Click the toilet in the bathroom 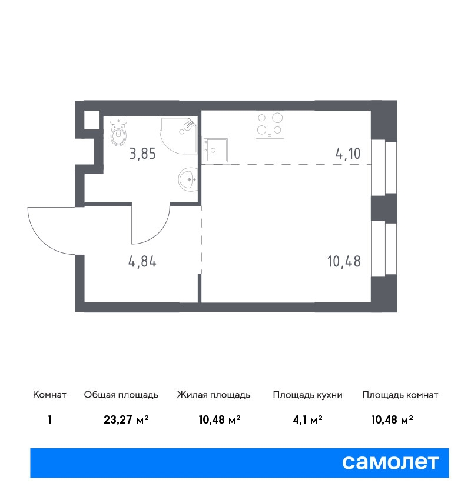click(x=118, y=131)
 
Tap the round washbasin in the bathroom click(x=188, y=179)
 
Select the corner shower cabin click(x=178, y=135)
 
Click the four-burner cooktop click(x=270, y=124)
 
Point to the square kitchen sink click(x=215, y=150)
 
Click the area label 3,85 click(x=142, y=154)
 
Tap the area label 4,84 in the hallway click(x=142, y=262)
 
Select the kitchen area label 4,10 click(x=348, y=154)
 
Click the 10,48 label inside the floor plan click(x=344, y=262)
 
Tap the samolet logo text click(x=390, y=462)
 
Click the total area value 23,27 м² click(x=127, y=419)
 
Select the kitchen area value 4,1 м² click(x=307, y=419)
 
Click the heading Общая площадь click(x=121, y=395)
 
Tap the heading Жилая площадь click(x=214, y=395)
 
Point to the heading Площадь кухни click(x=307, y=395)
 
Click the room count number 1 click(x=49, y=419)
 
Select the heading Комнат click(x=49, y=395)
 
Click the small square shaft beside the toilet click(x=92, y=119)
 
